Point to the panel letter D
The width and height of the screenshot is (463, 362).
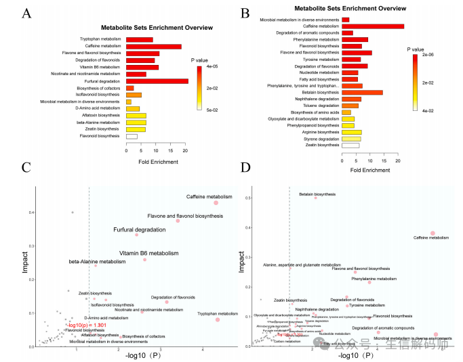(245, 168)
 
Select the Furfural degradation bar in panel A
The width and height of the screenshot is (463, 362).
(157, 81)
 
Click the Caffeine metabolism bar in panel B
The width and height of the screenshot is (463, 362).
(373, 26)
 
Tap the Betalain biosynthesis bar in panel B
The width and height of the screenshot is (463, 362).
(362, 93)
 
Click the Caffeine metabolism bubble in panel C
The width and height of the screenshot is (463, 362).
(216, 202)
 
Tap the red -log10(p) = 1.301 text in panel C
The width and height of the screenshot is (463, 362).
(87, 325)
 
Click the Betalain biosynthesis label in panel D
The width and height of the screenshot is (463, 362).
(317, 194)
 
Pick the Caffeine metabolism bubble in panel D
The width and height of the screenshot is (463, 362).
(432, 233)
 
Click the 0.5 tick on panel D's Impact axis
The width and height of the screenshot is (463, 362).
(248, 198)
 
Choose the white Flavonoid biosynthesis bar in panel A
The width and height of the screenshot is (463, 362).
(132, 136)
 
